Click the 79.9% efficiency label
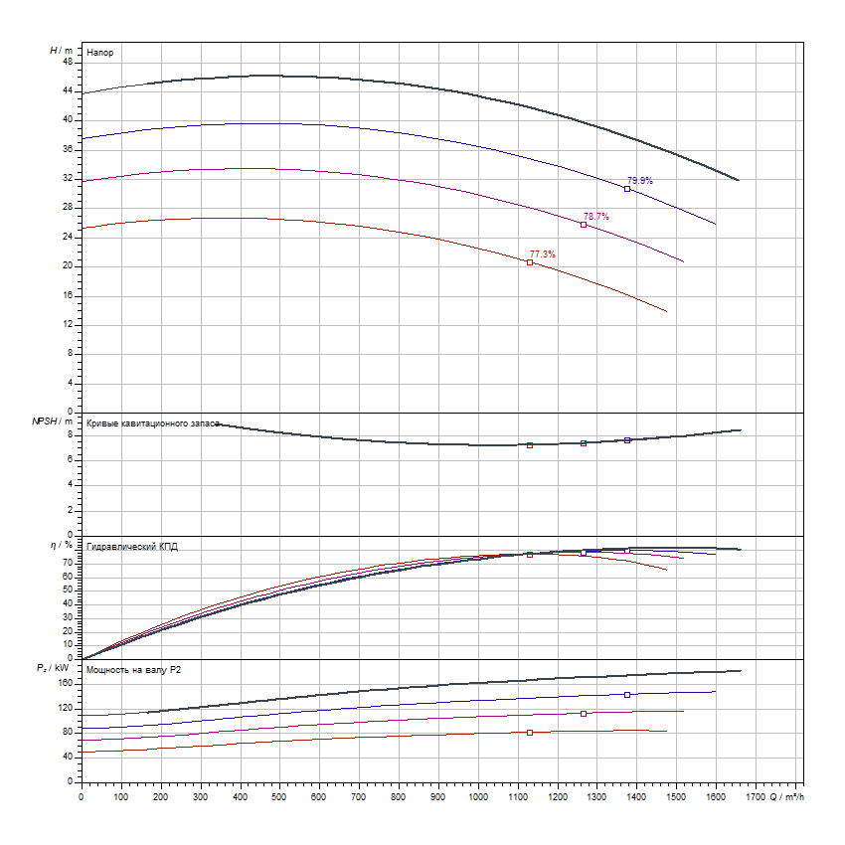tap(639, 181)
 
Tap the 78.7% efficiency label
tap(596, 217)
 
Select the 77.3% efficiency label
tap(543, 254)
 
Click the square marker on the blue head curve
tap(627, 189)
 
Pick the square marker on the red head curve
tap(530, 262)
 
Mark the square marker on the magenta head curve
tap(584, 225)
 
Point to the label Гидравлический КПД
tap(132, 547)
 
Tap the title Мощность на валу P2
tap(134, 671)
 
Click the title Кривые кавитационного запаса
tap(152, 423)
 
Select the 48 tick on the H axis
tap(68, 62)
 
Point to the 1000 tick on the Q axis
tap(477, 796)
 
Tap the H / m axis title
tap(61, 49)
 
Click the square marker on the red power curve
tap(530, 733)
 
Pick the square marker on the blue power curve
tap(627, 695)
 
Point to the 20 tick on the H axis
tap(68, 266)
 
